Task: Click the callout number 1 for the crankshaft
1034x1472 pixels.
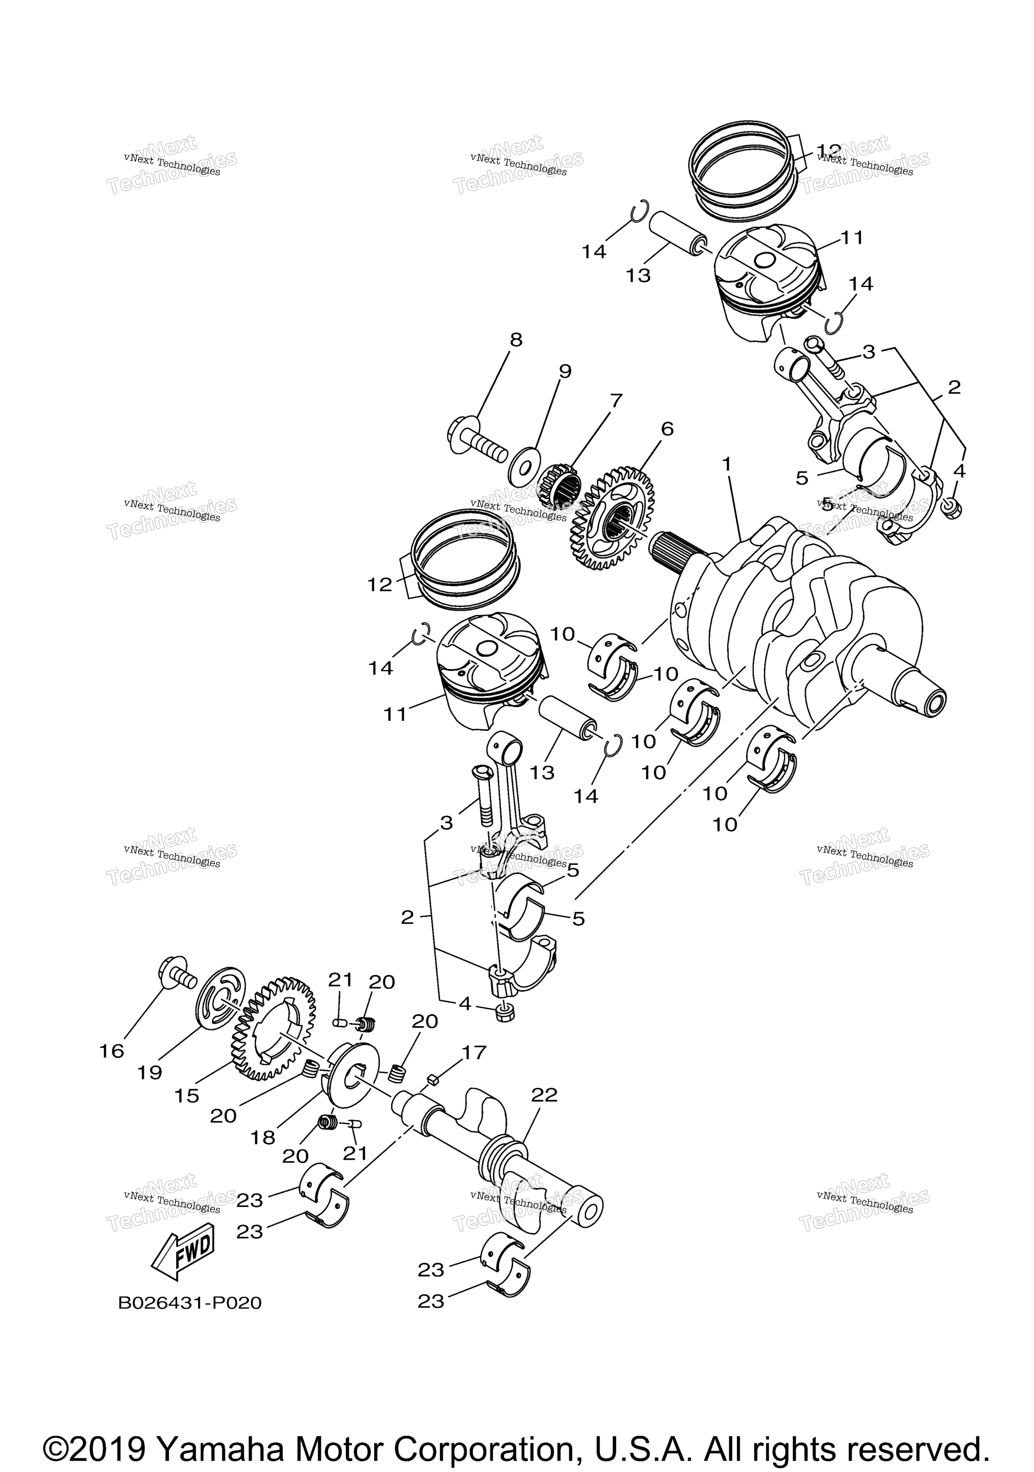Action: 726,464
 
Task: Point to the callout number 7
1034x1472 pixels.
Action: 616,401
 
